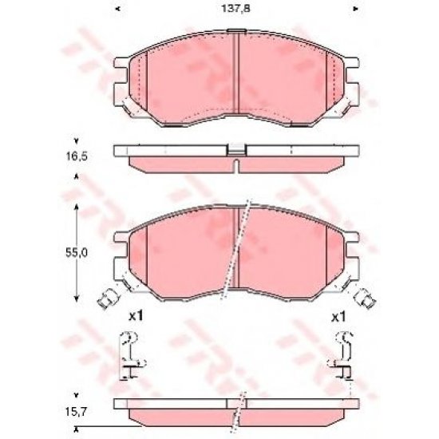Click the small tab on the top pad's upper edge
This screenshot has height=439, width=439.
tap(236, 32)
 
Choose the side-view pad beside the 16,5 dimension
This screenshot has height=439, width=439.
tap(236, 158)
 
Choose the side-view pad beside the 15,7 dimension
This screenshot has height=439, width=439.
tap(236, 412)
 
